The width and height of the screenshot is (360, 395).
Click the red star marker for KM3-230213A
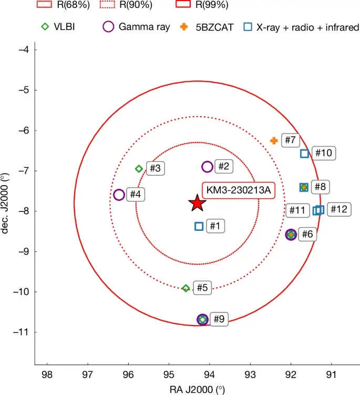(197, 202)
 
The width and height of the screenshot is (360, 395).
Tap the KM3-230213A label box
(238, 190)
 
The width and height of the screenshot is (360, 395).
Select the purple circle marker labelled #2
(207, 167)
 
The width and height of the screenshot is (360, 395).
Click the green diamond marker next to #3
(139, 169)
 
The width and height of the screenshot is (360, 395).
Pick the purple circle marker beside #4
(119, 195)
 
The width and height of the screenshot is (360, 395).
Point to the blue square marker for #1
(199, 226)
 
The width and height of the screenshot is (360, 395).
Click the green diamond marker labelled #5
(186, 288)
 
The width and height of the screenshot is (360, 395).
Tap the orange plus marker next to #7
(274, 140)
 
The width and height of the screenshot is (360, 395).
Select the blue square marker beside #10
(304, 154)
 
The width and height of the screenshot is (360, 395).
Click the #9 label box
(220, 319)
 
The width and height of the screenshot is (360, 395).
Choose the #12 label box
(338, 209)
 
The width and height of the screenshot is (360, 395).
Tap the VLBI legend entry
(57, 27)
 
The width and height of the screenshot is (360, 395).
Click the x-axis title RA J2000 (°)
(197, 389)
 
